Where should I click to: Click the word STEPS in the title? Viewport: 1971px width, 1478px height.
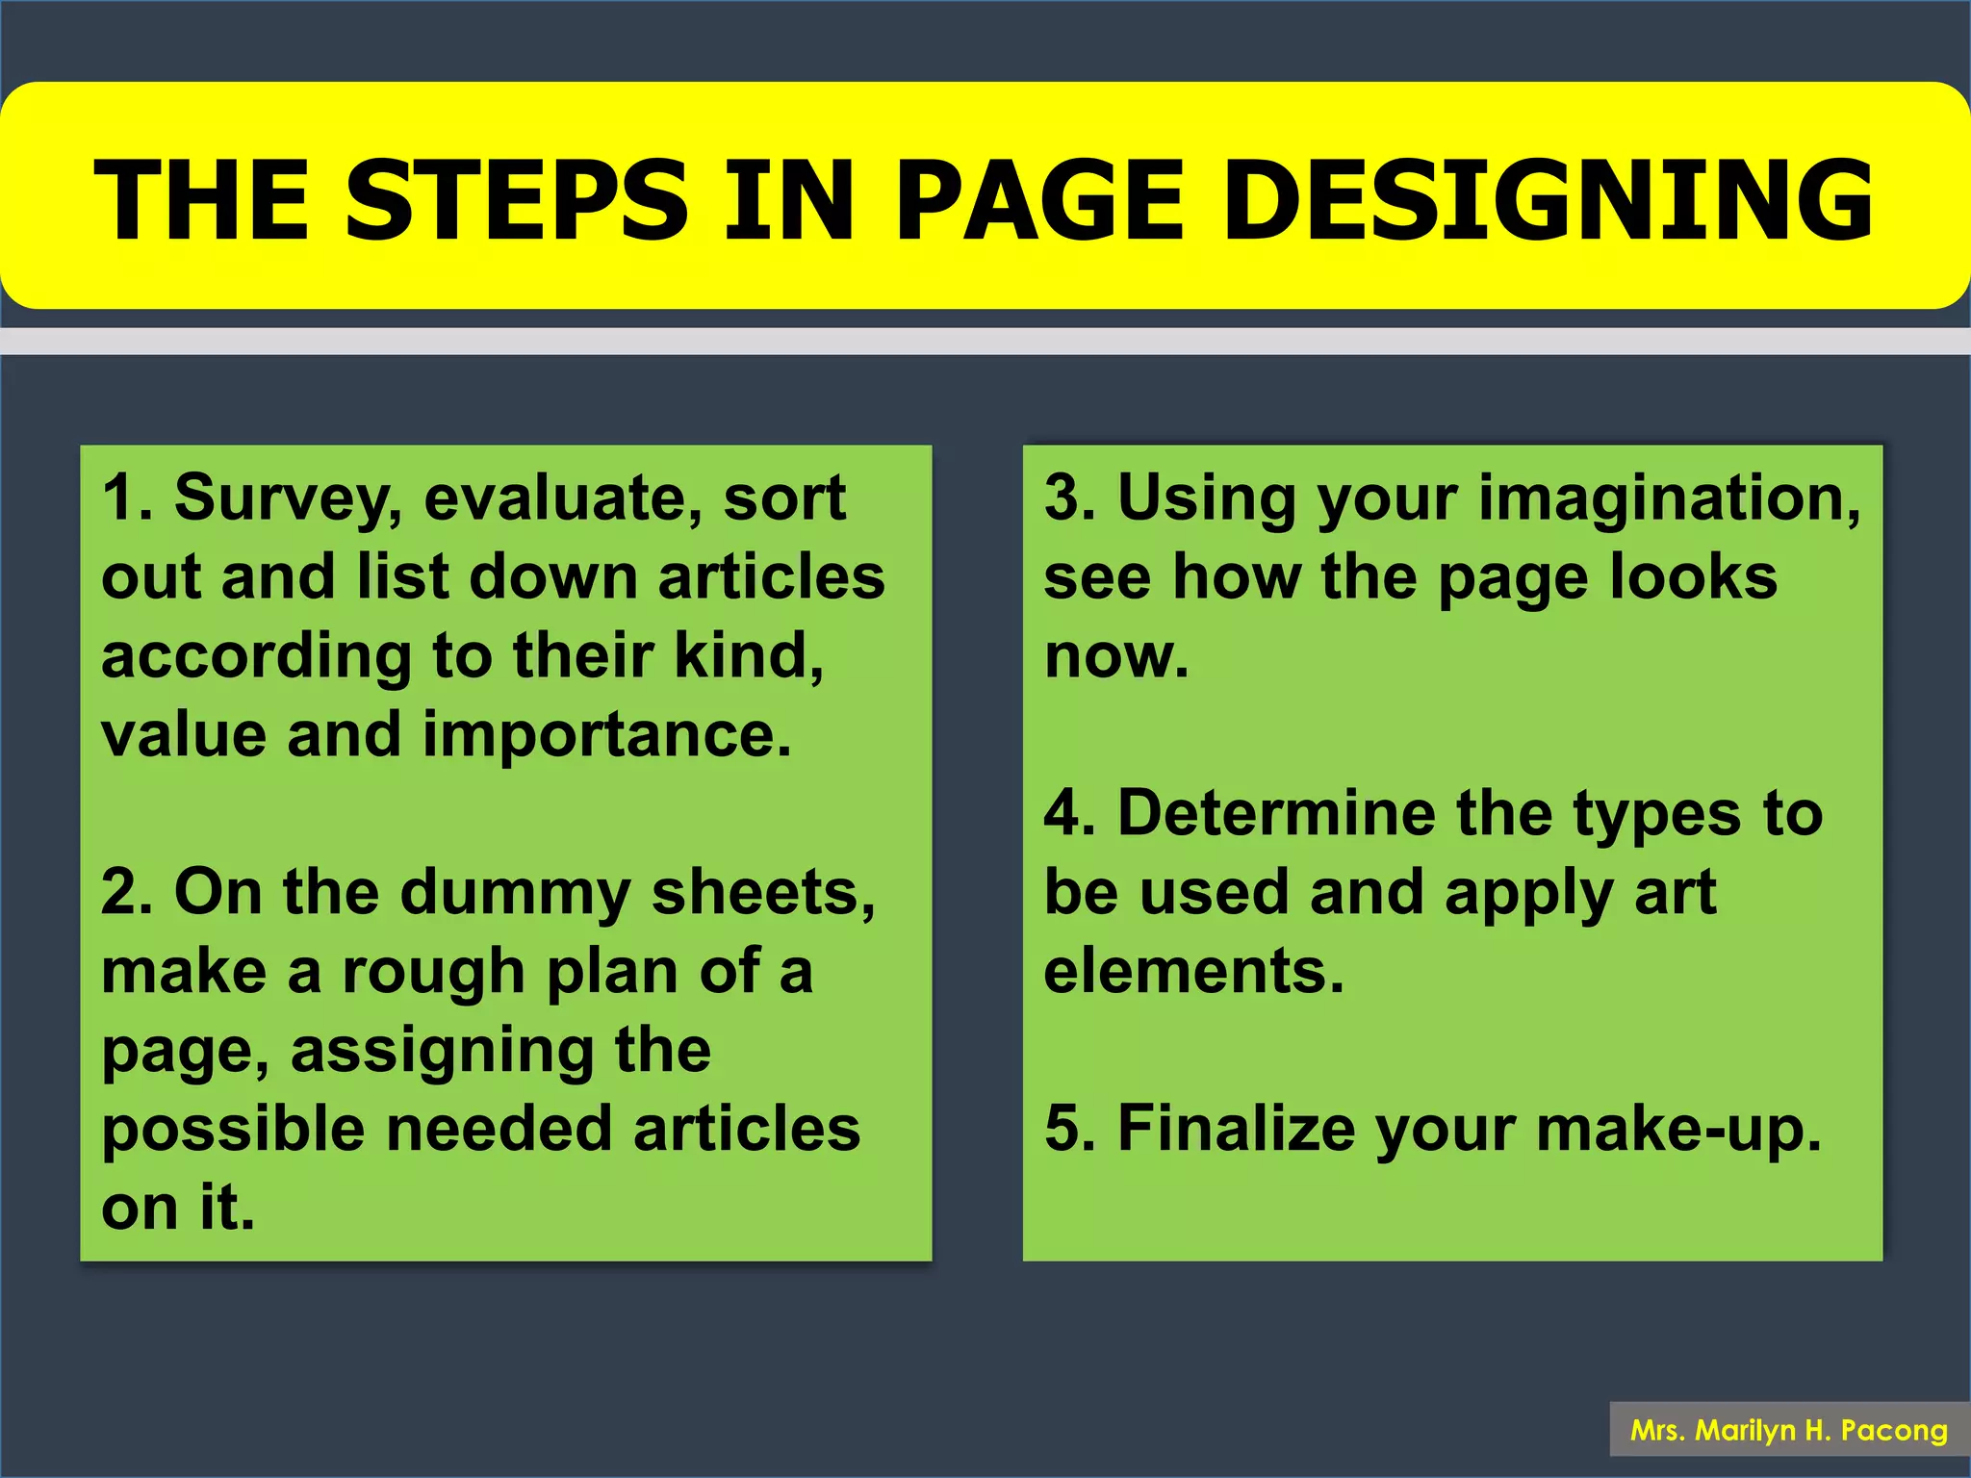tap(517, 200)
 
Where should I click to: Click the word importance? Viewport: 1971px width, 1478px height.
tap(606, 735)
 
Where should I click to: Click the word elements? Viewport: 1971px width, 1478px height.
tap(1193, 972)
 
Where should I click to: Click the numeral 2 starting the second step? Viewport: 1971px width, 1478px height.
tap(120, 893)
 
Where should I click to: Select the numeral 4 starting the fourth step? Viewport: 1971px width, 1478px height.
tap(1064, 814)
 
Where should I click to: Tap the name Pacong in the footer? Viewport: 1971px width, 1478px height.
tap(1894, 1431)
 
